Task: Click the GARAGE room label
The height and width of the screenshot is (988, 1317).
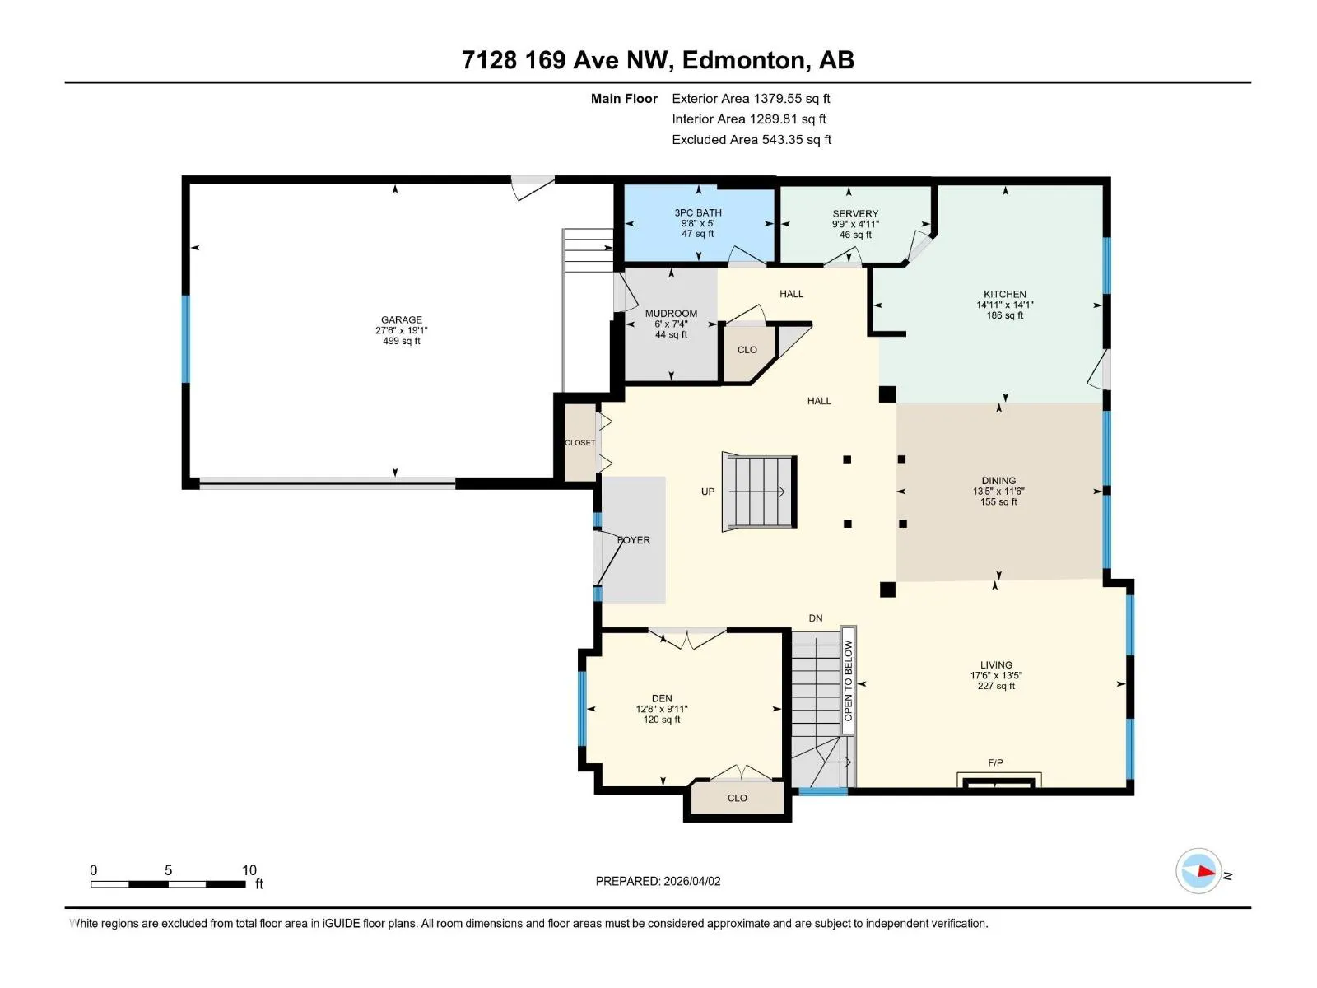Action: (x=402, y=319)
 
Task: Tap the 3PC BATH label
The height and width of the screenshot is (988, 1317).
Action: (x=698, y=212)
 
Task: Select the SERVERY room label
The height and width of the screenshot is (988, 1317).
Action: (x=855, y=213)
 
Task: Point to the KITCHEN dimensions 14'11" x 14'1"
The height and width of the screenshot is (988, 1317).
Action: (x=1004, y=305)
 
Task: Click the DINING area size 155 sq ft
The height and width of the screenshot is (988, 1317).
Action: (x=998, y=501)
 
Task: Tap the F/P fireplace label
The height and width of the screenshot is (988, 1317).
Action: (x=995, y=762)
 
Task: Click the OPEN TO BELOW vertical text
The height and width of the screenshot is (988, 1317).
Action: (x=848, y=680)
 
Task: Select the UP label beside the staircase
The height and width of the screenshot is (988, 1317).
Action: (x=708, y=492)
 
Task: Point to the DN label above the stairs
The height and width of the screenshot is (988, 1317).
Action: (x=816, y=617)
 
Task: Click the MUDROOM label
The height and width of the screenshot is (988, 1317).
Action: (x=671, y=313)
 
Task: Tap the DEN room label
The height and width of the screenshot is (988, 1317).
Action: (x=662, y=698)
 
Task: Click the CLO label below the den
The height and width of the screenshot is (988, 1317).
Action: (x=737, y=798)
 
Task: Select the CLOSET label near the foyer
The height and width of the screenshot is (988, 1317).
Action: (x=579, y=443)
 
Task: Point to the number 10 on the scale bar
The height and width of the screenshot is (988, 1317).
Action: (x=249, y=869)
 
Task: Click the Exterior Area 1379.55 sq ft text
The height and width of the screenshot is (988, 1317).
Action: (x=751, y=98)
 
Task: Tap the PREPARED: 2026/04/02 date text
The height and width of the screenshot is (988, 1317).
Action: (x=658, y=881)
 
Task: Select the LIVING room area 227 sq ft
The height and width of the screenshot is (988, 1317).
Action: (x=996, y=686)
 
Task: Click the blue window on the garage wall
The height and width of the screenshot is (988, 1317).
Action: (x=186, y=339)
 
